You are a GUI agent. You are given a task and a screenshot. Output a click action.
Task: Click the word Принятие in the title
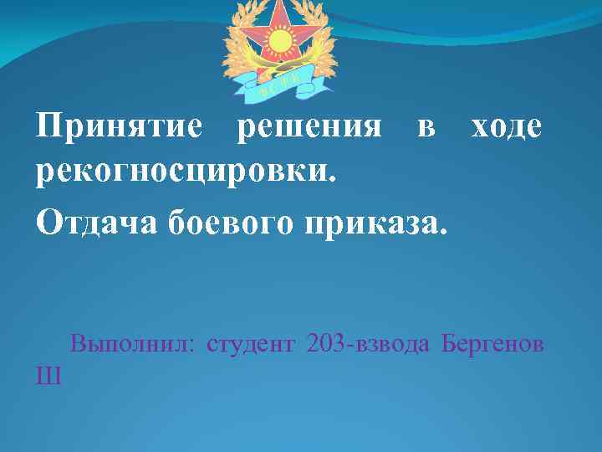[x=119, y=128]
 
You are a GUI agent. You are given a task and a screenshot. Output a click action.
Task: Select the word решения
[x=309, y=128]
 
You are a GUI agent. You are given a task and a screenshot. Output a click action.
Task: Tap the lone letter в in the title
[x=426, y=128]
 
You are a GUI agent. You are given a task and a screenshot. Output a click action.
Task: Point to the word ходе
[x=507, y=128]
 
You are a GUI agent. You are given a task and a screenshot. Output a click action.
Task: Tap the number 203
[x=328, y=344]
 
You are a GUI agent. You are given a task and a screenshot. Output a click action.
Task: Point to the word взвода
[x=395, y=344]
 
